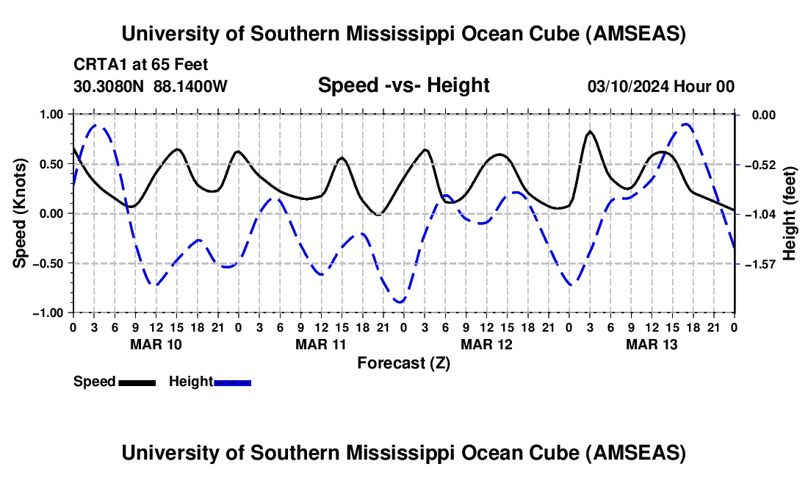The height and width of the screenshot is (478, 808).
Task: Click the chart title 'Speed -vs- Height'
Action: [403, 86]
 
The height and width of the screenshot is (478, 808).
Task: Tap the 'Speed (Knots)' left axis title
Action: [21, 213]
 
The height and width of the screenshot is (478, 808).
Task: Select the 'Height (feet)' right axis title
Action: [790, 213]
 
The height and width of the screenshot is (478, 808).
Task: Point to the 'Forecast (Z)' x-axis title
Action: [403, 363]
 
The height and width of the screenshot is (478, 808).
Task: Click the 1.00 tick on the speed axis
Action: [52, 115]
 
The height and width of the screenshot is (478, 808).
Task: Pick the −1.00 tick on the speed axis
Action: [49, 313]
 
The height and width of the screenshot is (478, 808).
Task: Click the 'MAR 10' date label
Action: [156, 344]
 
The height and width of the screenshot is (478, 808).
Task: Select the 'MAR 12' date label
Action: [486, 344]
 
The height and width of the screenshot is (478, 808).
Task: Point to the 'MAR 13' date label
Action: [652, 344]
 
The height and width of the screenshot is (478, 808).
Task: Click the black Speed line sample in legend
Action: [137, 382]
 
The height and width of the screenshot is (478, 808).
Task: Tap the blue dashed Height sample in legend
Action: [232, 382]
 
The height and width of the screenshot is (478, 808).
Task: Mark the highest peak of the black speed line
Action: [590, 132]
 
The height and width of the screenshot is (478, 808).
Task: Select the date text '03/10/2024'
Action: [626, 87]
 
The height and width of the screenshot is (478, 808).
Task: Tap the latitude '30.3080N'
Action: [109, 87]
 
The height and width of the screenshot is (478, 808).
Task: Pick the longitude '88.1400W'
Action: [190, 87]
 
